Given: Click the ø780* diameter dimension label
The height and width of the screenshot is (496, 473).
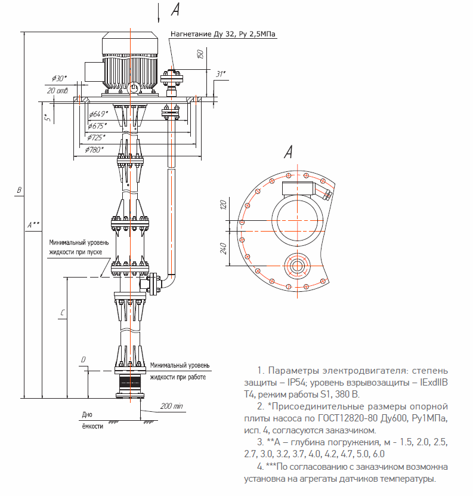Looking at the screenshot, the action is pos(94,150).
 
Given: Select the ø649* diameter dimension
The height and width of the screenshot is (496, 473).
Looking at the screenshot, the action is pos(98,114).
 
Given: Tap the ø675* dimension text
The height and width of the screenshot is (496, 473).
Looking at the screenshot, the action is pos(97,126).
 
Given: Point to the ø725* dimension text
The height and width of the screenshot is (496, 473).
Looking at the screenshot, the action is pos(96,138).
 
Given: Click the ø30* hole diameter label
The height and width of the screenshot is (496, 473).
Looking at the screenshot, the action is pos(60,78).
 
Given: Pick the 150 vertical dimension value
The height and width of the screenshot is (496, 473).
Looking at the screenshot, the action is pos(200,54).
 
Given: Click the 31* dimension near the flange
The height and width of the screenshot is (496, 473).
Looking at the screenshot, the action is pos(221,74).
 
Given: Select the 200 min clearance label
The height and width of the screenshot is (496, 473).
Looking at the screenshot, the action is pos(172,406).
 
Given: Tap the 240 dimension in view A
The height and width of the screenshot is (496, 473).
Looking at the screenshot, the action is pos(223,248).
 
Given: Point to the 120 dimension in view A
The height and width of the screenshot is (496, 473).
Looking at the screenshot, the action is pos(223,205).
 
